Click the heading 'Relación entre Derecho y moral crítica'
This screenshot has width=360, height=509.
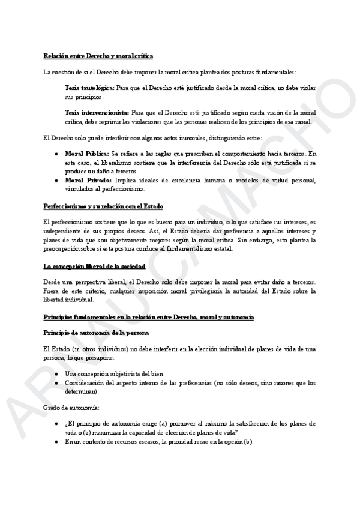(x=98, y=56)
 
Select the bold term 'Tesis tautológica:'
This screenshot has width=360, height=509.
(x=90, y=88)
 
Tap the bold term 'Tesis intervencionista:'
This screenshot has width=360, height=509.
(x=96, y=112)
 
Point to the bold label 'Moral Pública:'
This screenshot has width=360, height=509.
(x=87, y=154)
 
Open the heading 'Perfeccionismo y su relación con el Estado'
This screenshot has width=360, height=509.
(x=103, y=206)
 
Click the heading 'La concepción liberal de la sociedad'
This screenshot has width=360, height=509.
(x=94, y=265)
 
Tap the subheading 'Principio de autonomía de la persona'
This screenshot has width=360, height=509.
(x=96, y=332)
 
